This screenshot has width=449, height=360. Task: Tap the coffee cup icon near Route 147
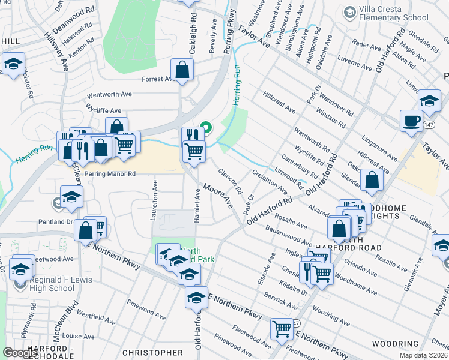[x=412, y=121]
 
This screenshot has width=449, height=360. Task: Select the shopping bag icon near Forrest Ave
[x=182, y=70]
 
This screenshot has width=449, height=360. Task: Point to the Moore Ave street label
[x=218, y=196]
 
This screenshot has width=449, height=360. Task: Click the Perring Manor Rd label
[x=110, y=173]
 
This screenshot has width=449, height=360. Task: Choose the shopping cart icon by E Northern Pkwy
[x=282, y=329]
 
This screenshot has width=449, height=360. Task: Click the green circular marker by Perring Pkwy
[x=205, y=127]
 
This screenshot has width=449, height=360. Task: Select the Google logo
[x=21, y=352]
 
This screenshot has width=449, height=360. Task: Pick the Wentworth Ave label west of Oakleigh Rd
[x=109, y=94]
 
